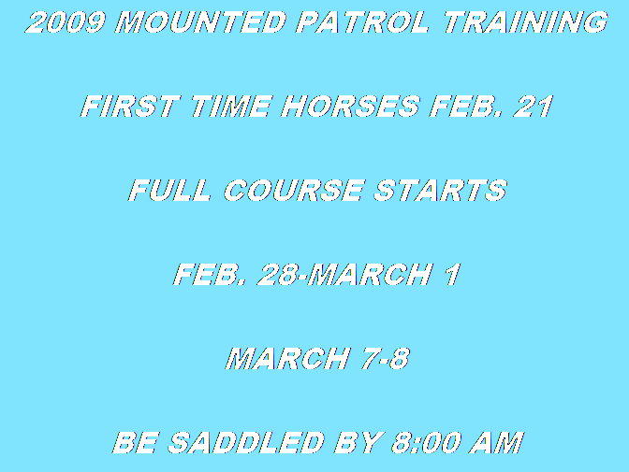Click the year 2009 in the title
(66, 22)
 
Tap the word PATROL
(362, 22)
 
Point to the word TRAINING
(525, 22)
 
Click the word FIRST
(129, 107)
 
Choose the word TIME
(230, 107)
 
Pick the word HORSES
(350, 107)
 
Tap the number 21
(534, 107)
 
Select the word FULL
(169, 191)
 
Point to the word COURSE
(293, 191)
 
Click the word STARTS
(441, 191)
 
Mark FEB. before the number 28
(210, 275)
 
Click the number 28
(277, 275)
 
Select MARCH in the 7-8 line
(288, 358)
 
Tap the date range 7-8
(386, 358)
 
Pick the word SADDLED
(246, 442)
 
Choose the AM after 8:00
(497, 442)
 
